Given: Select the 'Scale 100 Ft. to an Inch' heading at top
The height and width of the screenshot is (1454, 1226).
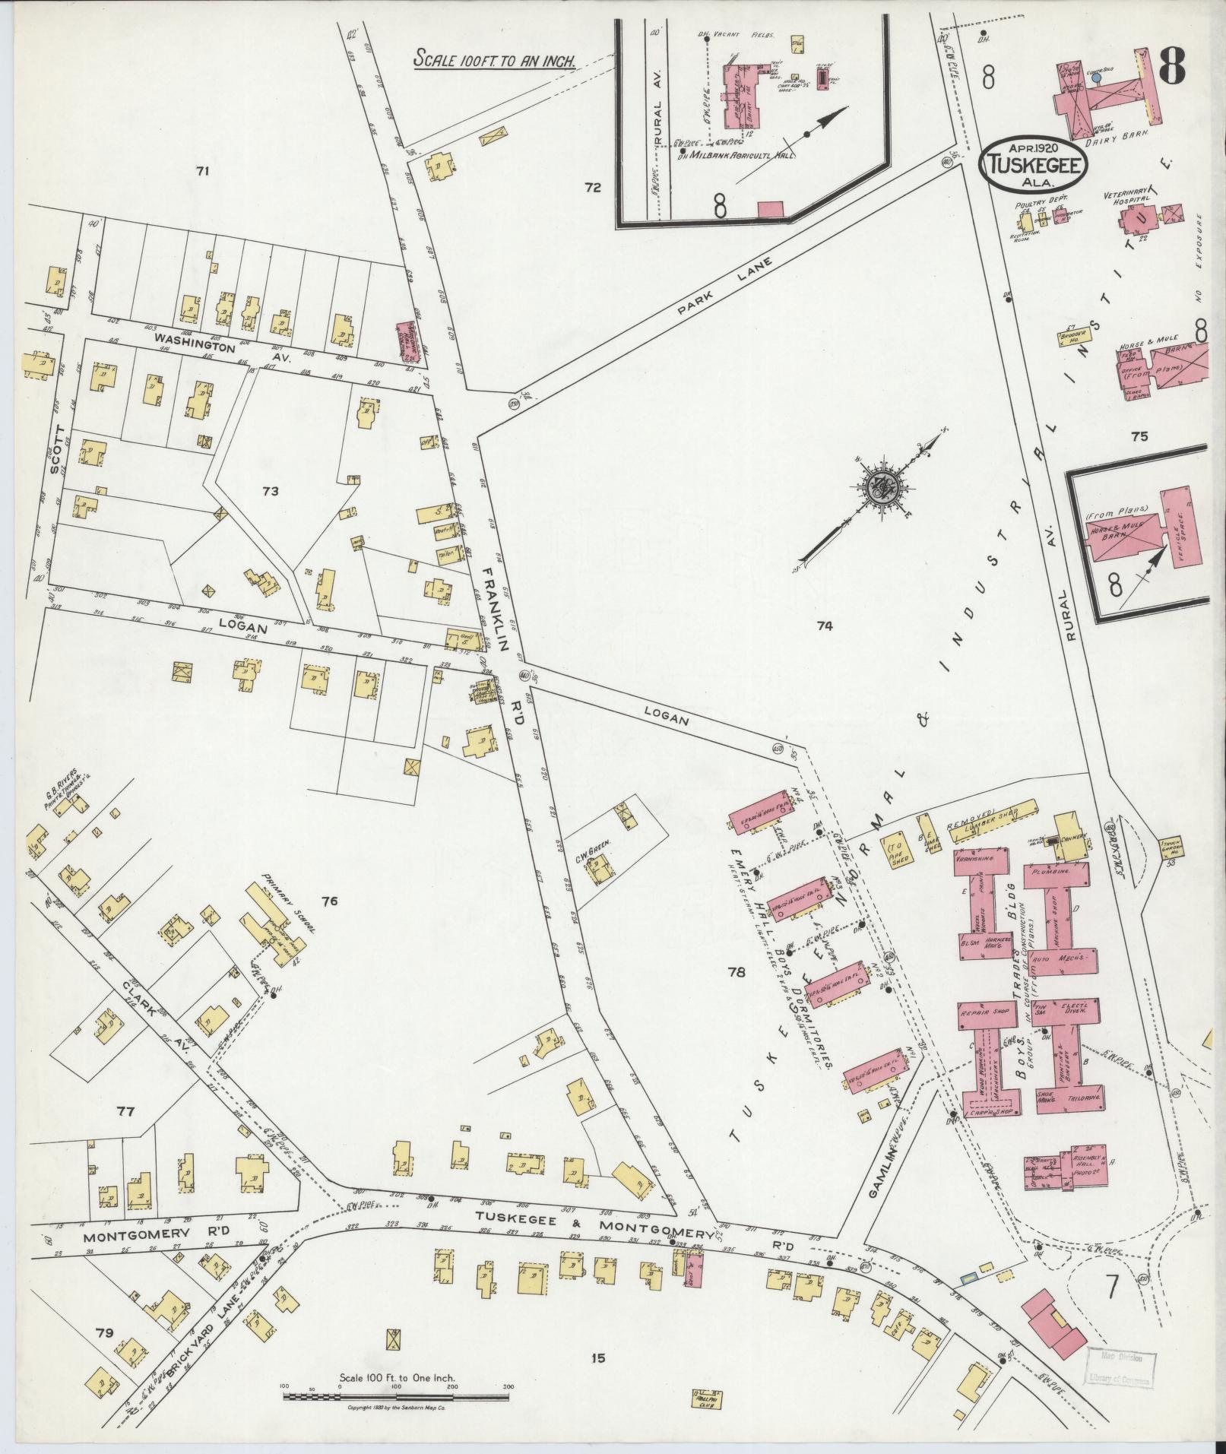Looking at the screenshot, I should pos(493,59).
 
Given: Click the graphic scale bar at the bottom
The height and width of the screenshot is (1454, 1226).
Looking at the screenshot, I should pos(397,1396).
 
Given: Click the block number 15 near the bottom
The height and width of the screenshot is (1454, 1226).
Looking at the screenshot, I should pos(598,1336).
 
